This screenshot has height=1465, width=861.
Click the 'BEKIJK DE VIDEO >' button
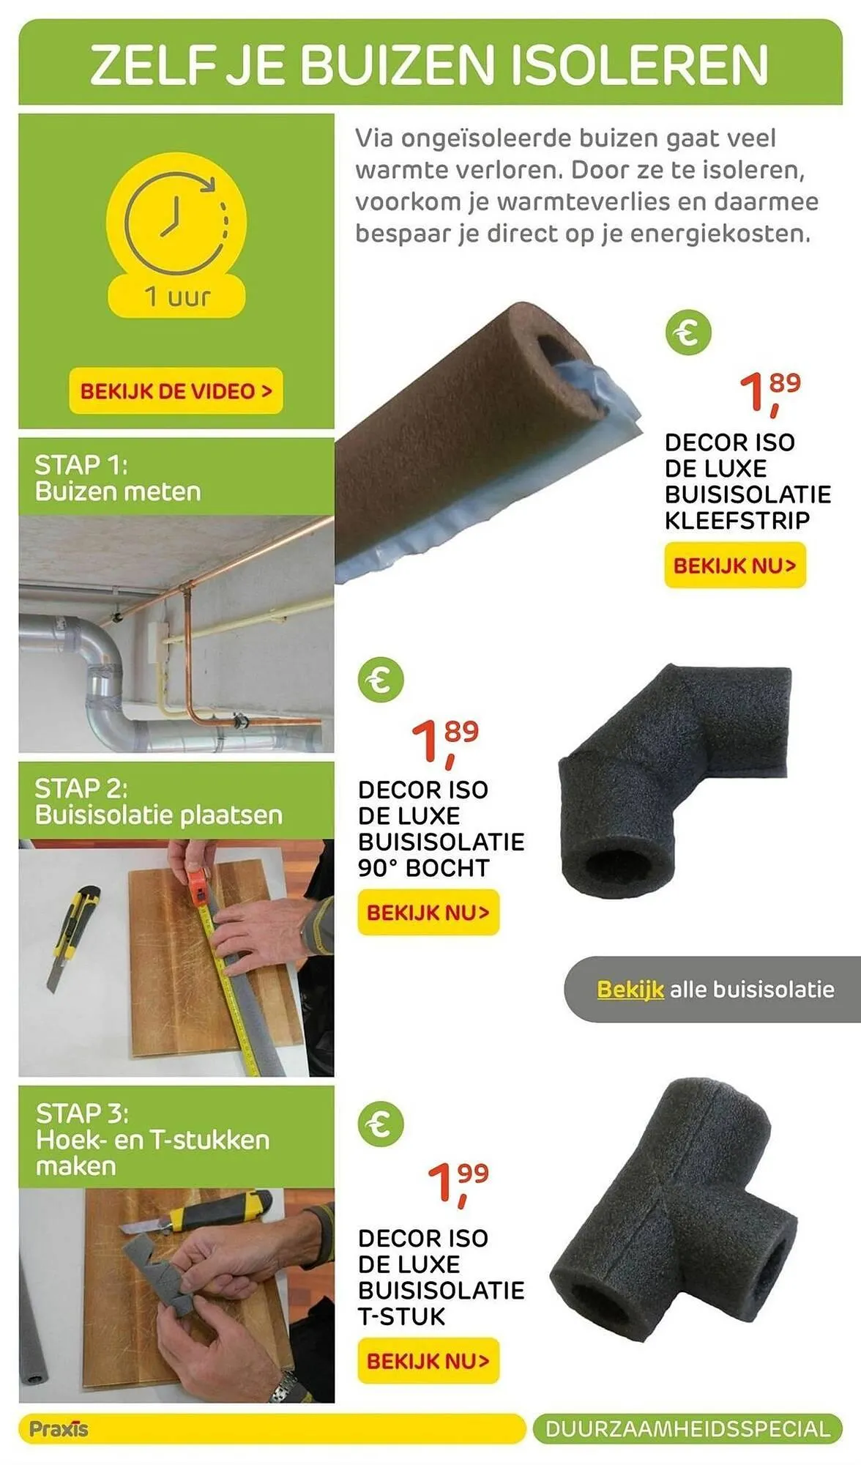[176, 391]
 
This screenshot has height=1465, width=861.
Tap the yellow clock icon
[176, 212]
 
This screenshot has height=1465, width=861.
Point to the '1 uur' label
[176, 297]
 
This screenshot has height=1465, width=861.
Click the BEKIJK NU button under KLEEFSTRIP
[734, 565]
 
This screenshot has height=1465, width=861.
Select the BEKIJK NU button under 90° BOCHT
[428, 913]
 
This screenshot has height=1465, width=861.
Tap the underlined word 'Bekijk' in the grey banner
[630, 990]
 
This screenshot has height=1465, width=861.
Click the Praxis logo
[59, 1429]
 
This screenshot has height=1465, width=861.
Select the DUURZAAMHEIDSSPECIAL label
[687, 1429]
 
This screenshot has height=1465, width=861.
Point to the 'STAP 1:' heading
[81, 464]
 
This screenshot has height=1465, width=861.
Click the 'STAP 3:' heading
[82, 1113]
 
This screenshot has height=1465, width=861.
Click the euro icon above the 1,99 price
[380, 1124]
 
